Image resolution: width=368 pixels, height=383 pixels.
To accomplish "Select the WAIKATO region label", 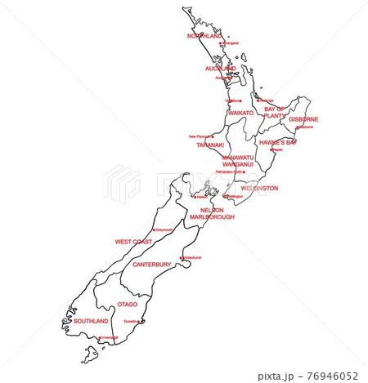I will tap(241, 113).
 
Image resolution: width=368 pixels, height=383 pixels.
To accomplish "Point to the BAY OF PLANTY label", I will tap(274, 112).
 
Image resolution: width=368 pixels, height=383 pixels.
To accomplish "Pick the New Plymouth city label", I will tap(199, 136).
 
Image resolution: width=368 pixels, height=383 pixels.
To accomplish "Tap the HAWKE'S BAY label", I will tap(278, 142).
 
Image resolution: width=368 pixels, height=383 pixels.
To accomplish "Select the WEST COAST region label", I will tap(133, 242).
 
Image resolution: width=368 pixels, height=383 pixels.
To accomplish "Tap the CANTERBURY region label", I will tap(152, 265).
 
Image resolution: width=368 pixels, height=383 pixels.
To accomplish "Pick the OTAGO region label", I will tap(128, 304).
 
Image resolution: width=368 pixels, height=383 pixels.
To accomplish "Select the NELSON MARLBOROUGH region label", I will tap(212, 213).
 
